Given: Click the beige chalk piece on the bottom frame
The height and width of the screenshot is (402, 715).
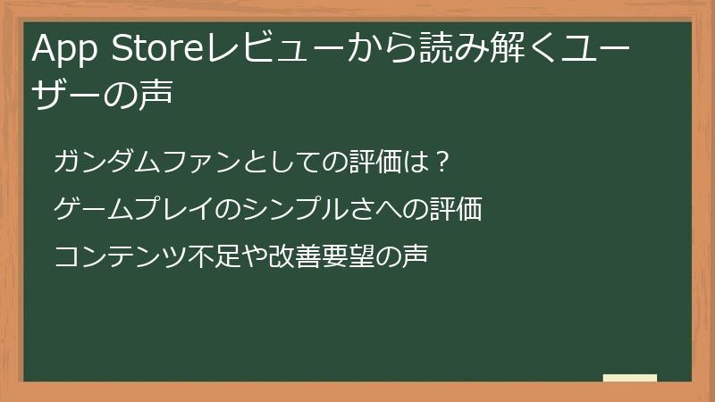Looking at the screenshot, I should click(629, 378).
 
